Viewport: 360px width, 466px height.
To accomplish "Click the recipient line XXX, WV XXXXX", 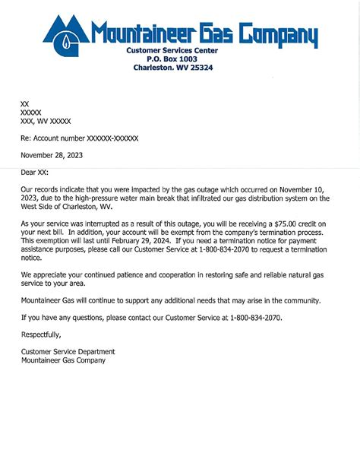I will pyautogui.click(x=46, y=120).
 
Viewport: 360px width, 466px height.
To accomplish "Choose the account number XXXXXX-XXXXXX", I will pyautogui.click(x=103, y=138).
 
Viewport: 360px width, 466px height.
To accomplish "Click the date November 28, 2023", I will pyautogui.click(x=52, y=156).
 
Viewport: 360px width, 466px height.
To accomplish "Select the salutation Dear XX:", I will pyautogui.click(x=34, y=173).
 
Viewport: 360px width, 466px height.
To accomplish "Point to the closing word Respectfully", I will pyautogui.click(x=41, y=334).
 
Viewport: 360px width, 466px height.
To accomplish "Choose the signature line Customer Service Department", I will pyautogui.click(x=68, y=352).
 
